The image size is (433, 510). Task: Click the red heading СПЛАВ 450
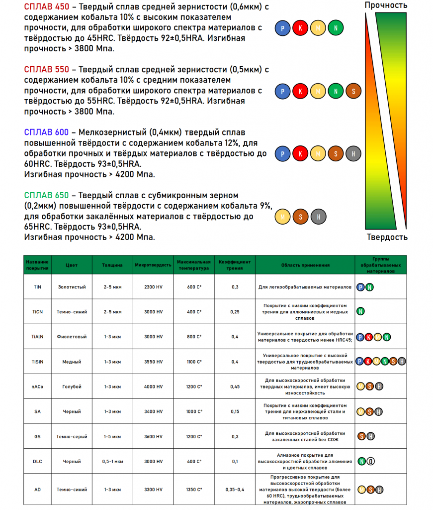point(46,6)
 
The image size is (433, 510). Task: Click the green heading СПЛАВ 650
point(46,195)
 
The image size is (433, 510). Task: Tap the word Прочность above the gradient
point(386,5)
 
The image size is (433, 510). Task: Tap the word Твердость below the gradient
point(387,237)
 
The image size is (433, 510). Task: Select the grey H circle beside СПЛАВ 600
point(353,154)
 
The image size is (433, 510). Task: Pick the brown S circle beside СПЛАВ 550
point(353,91)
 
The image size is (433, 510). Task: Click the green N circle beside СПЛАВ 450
point(336,28)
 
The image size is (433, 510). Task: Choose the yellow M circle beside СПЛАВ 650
point(283,217)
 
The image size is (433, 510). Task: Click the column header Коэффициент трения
point(235,265)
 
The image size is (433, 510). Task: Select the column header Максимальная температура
point(194,265)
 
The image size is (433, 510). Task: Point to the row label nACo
point(38,386)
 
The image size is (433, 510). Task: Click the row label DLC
point(38,461)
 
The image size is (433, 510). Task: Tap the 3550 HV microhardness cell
point(153,362)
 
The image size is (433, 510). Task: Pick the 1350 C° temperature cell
point(194,490)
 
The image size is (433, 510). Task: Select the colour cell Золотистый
point(72,287)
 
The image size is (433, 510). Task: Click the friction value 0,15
point(235,411)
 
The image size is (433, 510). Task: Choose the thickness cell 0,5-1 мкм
point(112,461)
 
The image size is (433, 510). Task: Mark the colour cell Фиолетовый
point(72,337)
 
